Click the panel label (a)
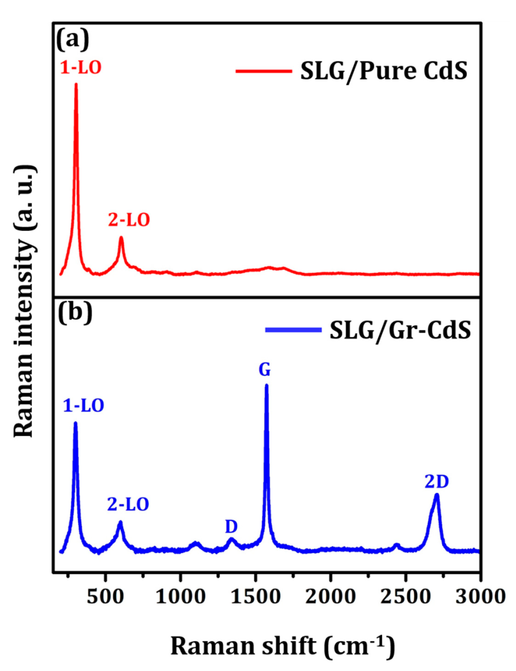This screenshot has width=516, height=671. tap(73, 38)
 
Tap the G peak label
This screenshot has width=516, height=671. tap(265, 370)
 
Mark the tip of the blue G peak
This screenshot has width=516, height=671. tap(266, 385)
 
